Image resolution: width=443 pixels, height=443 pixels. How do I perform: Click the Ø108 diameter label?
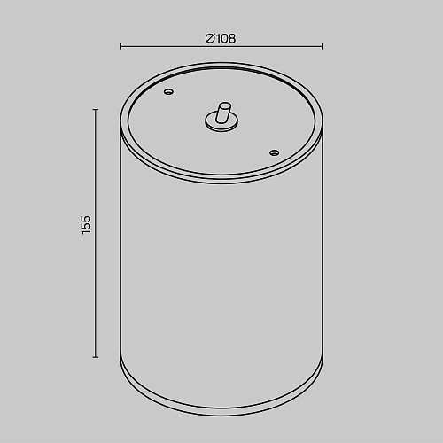click(221, 38)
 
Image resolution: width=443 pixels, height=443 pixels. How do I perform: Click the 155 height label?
click(87, 225)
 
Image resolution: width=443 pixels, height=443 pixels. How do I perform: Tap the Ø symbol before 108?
click(210, 38)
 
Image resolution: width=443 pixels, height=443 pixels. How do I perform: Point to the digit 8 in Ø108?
click(232, 39)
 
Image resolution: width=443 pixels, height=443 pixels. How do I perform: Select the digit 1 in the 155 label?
click(87, 232)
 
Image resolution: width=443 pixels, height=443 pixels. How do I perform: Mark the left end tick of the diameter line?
click(120, 46)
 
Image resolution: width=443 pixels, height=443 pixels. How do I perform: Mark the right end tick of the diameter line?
click(323, 46)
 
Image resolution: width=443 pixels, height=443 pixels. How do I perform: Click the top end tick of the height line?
click(96, 110)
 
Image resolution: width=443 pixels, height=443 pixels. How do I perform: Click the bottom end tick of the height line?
click(96, 357)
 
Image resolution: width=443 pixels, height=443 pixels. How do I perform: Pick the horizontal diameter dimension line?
click(221, 46)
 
